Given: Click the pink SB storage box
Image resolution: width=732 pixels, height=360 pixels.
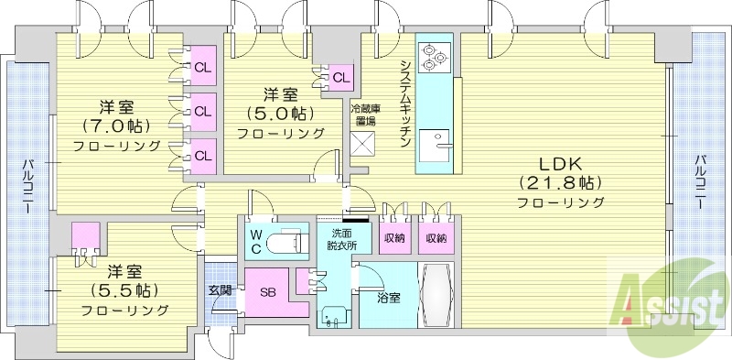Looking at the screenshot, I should tap(267, 293).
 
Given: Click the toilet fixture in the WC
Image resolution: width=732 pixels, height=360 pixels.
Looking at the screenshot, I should tap(291, 241).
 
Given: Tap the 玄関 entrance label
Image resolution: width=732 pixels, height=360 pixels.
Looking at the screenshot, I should tap(220, 290).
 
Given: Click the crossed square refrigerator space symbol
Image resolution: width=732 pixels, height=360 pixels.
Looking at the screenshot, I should tap(363, 145).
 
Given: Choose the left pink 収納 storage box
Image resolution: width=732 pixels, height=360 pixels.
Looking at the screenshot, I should tap(395, 238).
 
